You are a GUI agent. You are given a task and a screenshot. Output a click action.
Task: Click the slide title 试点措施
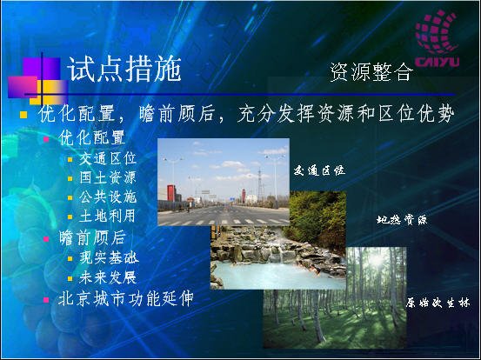124,70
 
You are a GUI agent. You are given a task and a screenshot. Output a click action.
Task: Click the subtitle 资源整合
371,72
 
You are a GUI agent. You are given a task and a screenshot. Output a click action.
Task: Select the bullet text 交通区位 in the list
107,158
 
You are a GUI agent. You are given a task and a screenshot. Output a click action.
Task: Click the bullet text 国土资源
107,177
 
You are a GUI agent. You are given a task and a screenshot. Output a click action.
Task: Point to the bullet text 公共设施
107,197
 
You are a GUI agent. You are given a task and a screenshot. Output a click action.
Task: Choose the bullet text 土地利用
107,216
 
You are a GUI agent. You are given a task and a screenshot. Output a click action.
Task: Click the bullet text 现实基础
109,257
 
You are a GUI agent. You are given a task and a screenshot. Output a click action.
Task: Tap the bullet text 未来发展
107,277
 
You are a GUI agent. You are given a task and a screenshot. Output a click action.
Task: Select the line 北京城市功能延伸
126,298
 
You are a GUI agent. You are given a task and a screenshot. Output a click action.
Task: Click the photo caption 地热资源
402,219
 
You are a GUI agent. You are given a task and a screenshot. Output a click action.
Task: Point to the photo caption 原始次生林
438,303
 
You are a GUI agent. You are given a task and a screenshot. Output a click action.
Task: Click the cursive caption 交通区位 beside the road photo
319,170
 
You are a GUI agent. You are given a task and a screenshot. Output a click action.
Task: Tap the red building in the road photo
171,193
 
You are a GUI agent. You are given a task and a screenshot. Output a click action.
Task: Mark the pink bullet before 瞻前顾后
46,238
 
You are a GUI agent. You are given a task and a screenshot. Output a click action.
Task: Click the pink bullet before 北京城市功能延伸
46,299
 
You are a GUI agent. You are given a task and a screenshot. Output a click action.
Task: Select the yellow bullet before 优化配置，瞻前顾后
23,115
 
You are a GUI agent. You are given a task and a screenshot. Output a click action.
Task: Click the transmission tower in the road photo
259,184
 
